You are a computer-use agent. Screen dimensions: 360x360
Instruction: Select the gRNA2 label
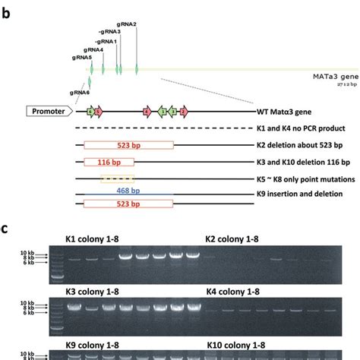click(127, 24)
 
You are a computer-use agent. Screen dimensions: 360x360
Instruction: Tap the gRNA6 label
click(81, 92)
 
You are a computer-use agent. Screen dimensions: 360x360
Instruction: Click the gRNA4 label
click(94, 49)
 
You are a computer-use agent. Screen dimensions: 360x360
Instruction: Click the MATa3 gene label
click(334, 77)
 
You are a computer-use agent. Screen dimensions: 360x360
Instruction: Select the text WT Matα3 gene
click(285, 112)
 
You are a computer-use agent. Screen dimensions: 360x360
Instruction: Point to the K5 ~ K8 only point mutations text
click(307, 178)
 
